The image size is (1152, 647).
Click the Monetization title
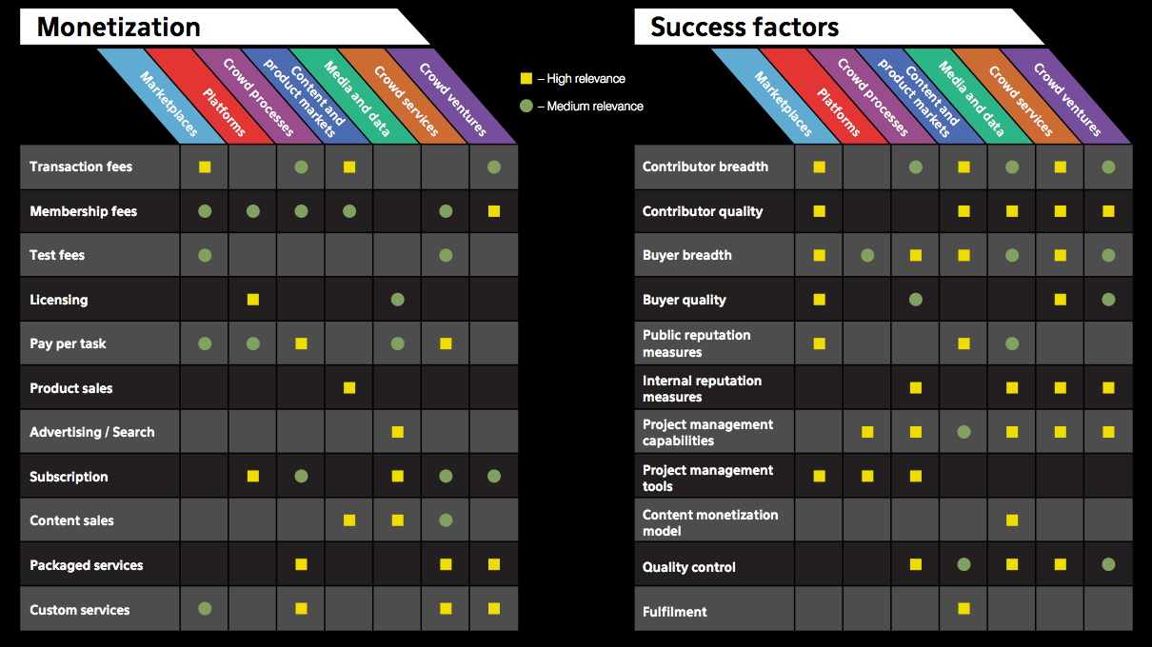click(x=118, y=28)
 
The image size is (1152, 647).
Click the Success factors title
click(x=744, y=28)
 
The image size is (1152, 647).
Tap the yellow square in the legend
click(x=525, y=79)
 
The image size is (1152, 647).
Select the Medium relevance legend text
click(x=590, y=107)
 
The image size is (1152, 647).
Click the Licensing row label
click(x=58, y=300)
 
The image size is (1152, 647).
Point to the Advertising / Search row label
click(x=91, y=432)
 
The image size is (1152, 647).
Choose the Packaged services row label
click(x=86, y=565)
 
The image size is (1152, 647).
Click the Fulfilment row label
click(x=674, y=612)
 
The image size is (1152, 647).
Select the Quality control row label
click(x=688, y=567)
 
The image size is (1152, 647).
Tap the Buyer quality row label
click(x=684, y=300)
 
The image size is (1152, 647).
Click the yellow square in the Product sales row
click(x=349, y=387)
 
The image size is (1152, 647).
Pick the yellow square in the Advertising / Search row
click(x=397, y=432)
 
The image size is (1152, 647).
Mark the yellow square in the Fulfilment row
click(x=963, y=608)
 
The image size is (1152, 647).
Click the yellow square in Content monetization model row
click(x=1012, y=520)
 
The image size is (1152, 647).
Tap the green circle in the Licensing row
click(x=397, y=300)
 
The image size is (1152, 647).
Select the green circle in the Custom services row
click(x=205, y=609)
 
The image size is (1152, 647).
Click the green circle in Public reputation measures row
click(x=1012, y=343)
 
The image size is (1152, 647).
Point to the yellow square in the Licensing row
click(x=253, y=300)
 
